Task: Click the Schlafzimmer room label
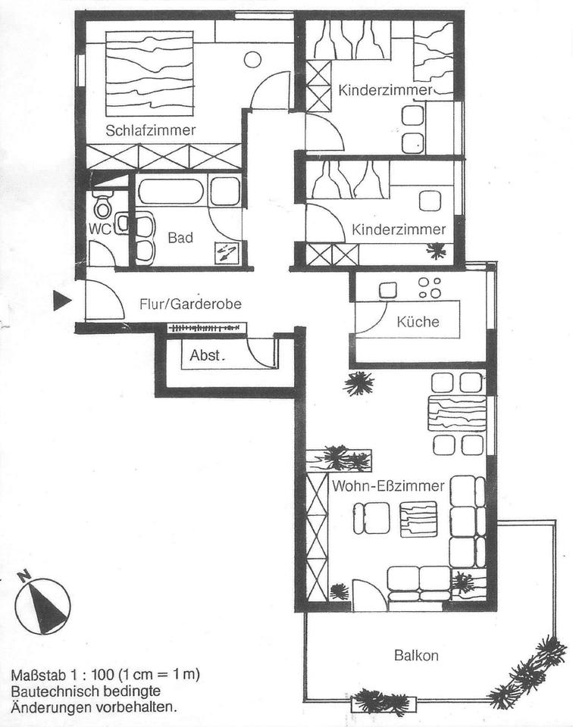coord(151,130)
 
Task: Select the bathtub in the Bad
coord(171,191)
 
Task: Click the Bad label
coord(180,238)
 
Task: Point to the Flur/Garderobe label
coord(190,304)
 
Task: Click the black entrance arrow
coord(61,301)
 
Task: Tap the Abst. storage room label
coord(205,354)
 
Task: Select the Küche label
coord(418,322)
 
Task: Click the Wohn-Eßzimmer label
coord(387,486)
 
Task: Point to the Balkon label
coord(416,655)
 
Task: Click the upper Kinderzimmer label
coord(385,90)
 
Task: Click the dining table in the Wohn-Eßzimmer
coord(456,413)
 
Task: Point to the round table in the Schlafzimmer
coord(253,59)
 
